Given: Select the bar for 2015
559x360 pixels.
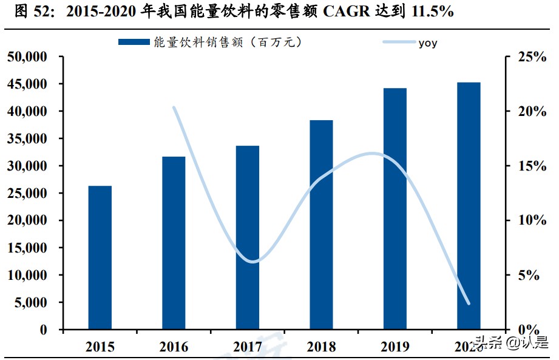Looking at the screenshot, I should click(100, 257).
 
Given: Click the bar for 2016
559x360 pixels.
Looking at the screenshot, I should click(173, 243).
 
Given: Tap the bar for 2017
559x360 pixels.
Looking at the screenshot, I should click(247, 237).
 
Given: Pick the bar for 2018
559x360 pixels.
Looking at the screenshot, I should click(321, 225).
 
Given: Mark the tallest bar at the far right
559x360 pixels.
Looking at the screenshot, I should click(469, 206).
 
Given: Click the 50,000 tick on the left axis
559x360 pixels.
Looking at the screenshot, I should click(27, 57).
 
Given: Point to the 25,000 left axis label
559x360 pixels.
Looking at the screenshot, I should click(27, 193).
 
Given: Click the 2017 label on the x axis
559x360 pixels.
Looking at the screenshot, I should click(247, 347).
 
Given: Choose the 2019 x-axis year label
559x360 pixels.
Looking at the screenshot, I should click(395, 347).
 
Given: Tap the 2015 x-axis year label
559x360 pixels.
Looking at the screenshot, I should click(100, 347).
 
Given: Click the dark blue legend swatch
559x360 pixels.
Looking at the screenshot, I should click(134, 42).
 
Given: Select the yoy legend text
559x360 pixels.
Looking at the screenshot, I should click(428, 42).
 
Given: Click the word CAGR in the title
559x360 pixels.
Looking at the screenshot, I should click(344, 12).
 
